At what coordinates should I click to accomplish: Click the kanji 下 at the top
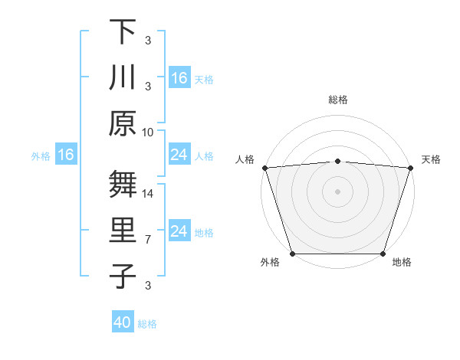click(123, 31)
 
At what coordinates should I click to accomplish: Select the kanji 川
click(123, 77)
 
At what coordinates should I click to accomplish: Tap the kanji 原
click(123, 123)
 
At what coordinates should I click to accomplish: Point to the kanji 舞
click(123, 185)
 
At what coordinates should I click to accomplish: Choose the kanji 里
click(123, 231)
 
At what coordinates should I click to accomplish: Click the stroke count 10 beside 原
click(148, 132)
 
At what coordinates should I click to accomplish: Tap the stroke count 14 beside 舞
click(148, 194)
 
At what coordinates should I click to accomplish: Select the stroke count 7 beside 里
click(148, 240)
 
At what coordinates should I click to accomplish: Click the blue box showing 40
click(123, 323)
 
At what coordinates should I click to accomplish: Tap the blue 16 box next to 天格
click(179, 78)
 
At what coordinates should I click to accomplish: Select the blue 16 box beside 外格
click(66, 155)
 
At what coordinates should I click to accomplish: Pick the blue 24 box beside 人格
click(179, 155)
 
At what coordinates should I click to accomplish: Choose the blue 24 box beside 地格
click(179, 231)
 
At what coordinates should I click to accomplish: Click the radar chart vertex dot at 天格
click(410, 168)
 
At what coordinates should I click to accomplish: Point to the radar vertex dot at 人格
click(264, 168)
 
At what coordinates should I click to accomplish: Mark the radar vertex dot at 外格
click(292, 254)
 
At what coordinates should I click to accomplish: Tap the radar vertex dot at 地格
click(383, 254)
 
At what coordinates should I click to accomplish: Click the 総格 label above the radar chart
click(337, 100)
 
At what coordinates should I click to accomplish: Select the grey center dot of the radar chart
click(337, 191)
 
